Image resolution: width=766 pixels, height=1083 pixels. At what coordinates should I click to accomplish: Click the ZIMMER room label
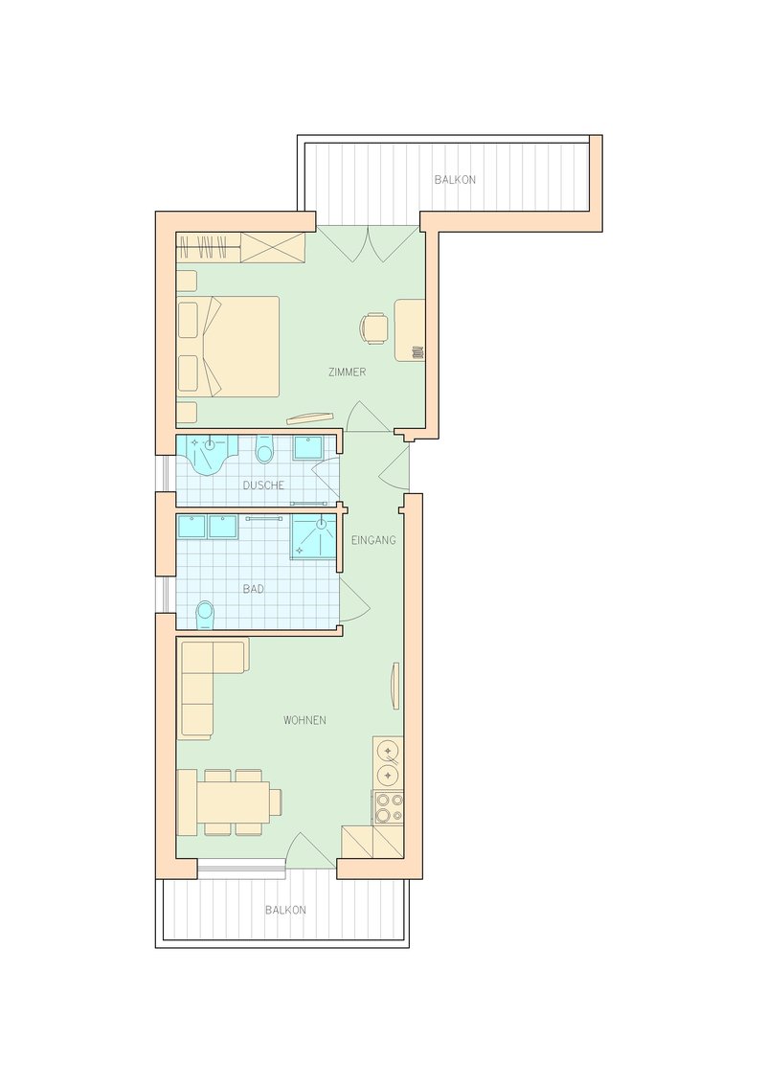tap(347, 372)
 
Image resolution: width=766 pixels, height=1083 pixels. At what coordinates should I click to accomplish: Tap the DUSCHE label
tap(263, 485)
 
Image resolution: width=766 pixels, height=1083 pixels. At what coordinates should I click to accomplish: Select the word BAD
tap(254, 589)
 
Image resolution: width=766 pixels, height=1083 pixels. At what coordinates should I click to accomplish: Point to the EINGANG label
tap(373, 540)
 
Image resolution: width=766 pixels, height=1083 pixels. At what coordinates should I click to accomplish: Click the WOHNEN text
tap(304, 720)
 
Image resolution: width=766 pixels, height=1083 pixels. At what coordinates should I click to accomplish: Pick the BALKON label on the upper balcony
tap(455, 180)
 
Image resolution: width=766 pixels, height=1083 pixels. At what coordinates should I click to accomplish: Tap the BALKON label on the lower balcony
tap(285, 911)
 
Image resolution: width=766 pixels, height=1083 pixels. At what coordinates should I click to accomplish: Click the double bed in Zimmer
tap(229, 347)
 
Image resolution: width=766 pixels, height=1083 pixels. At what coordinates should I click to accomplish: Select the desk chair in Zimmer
tap(373, 328)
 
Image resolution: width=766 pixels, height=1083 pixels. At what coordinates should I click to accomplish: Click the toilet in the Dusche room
tap(264, 450)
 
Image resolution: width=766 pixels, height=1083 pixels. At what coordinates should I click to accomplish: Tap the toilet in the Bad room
tap(205, 615)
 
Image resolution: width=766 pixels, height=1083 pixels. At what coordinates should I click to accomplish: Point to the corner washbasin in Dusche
tap(207, 455)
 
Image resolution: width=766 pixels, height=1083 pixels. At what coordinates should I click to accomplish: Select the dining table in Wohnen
tap(233, 802)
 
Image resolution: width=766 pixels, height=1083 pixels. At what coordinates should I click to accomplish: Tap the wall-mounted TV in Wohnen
tap(395, 686)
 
